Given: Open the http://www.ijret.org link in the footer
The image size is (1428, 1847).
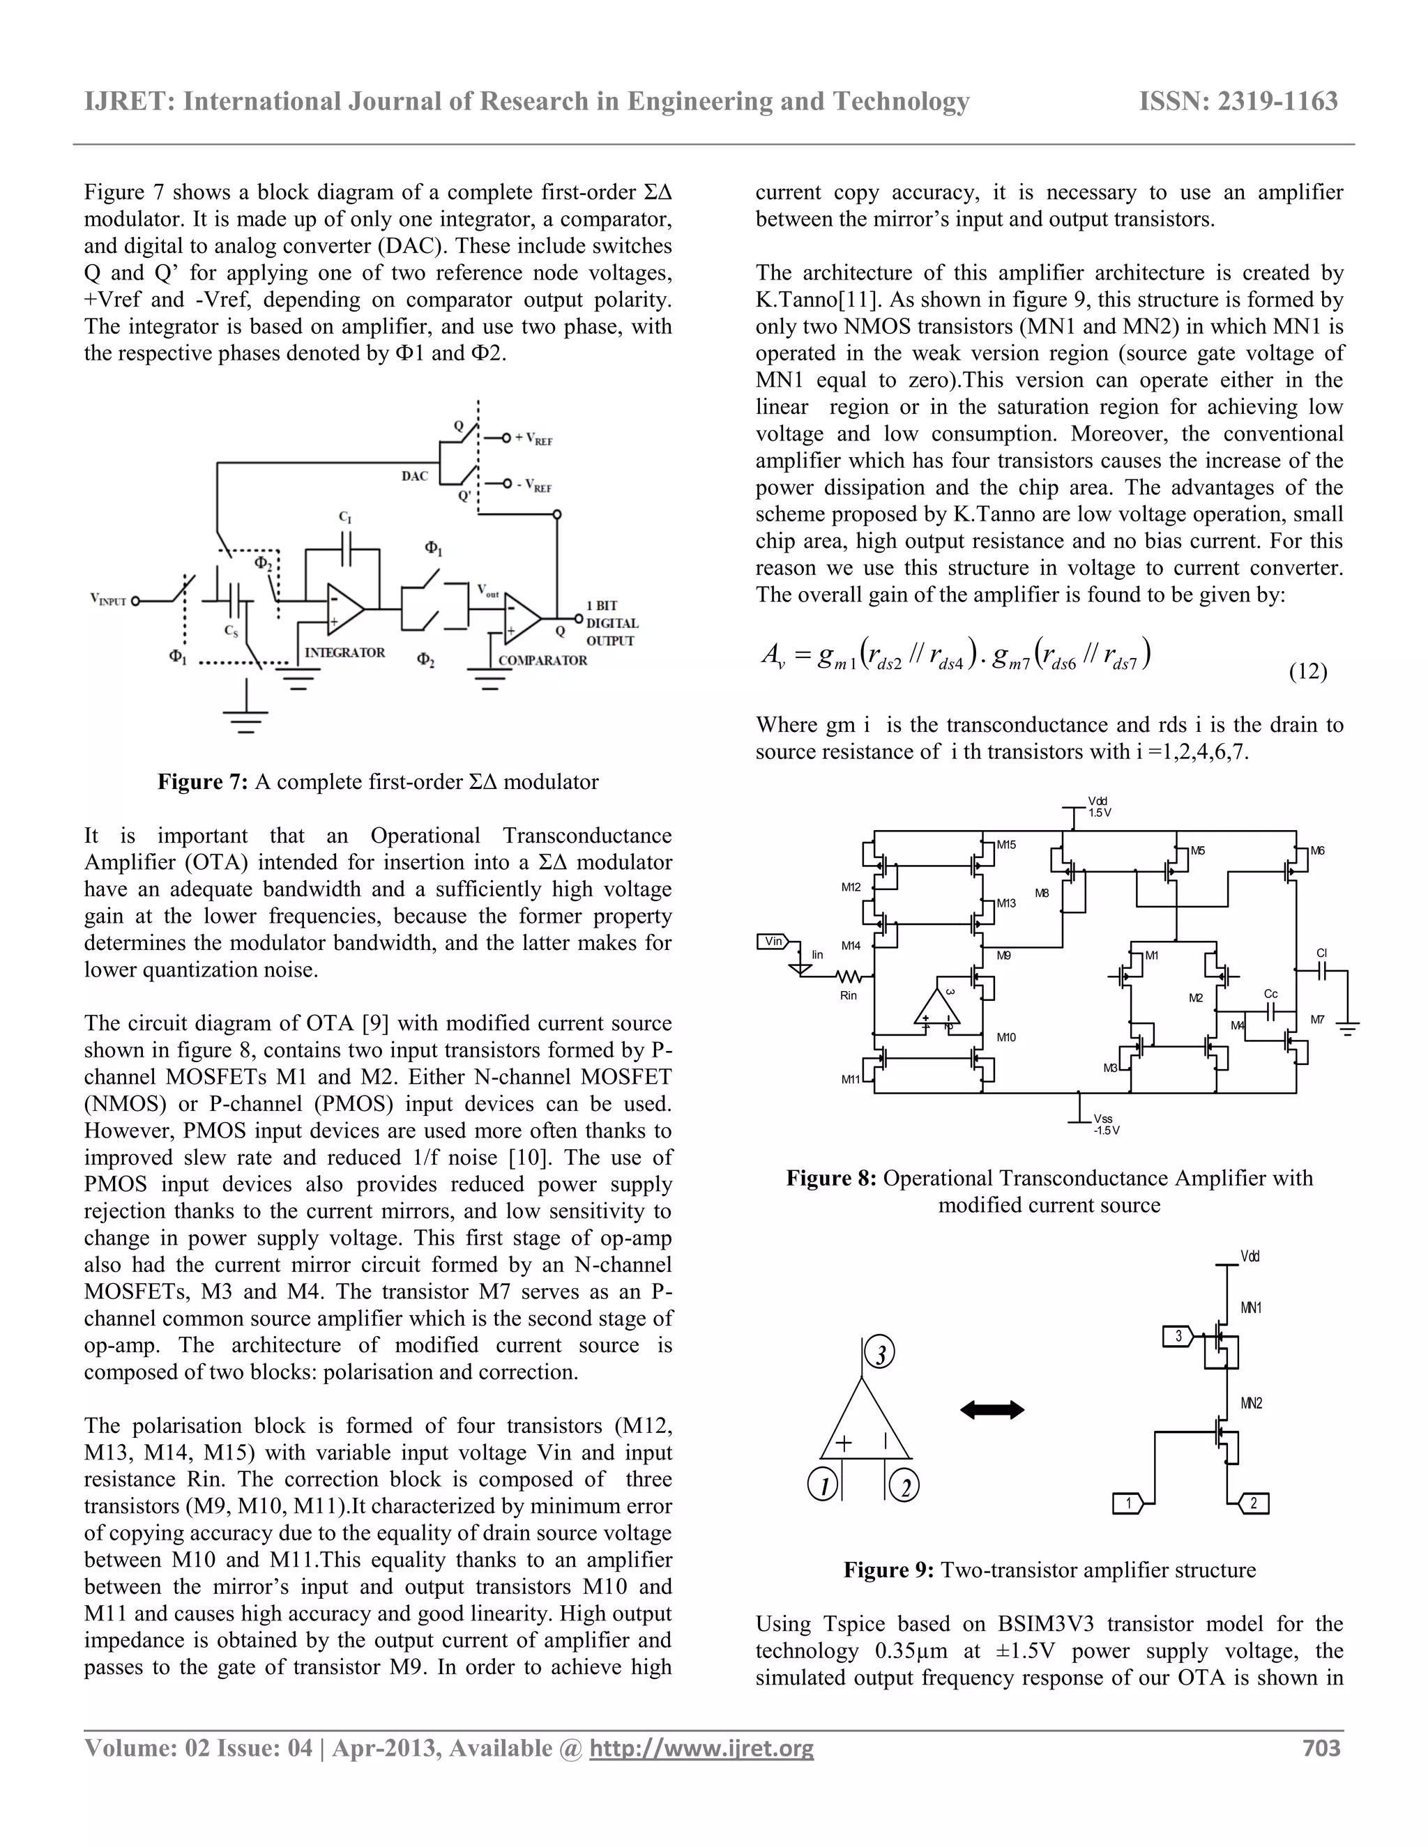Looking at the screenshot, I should click(701, 1748).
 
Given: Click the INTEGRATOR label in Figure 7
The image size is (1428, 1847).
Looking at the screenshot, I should click(344, 653).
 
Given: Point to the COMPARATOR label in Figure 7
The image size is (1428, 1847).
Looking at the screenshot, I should click(542, 661).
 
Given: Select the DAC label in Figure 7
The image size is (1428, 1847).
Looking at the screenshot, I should click(415, 476).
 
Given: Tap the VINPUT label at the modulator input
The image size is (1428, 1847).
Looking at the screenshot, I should click(108, 600).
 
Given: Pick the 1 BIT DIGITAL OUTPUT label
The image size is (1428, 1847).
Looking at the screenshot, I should click(612, 623).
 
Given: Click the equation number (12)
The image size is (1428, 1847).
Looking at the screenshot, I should click(1308, 671).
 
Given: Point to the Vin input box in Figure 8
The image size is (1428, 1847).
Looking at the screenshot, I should click(773, 941).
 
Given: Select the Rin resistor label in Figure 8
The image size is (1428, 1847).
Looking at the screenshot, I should click(849, 995).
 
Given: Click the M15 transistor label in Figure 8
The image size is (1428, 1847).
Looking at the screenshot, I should click(1006, 844).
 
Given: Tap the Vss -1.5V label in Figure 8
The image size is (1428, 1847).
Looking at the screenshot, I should click(1105, 1125).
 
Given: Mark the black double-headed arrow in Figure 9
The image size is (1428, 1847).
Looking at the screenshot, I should click(992, 1409).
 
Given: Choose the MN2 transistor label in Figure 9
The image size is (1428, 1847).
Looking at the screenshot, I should click(1251, 1404).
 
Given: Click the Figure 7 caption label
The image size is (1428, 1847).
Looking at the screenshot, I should click(202, 781).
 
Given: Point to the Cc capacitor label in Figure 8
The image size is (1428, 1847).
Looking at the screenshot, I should click(1270, 994).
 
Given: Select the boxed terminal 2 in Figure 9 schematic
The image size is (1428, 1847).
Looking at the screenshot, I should click(1253, 1503).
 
